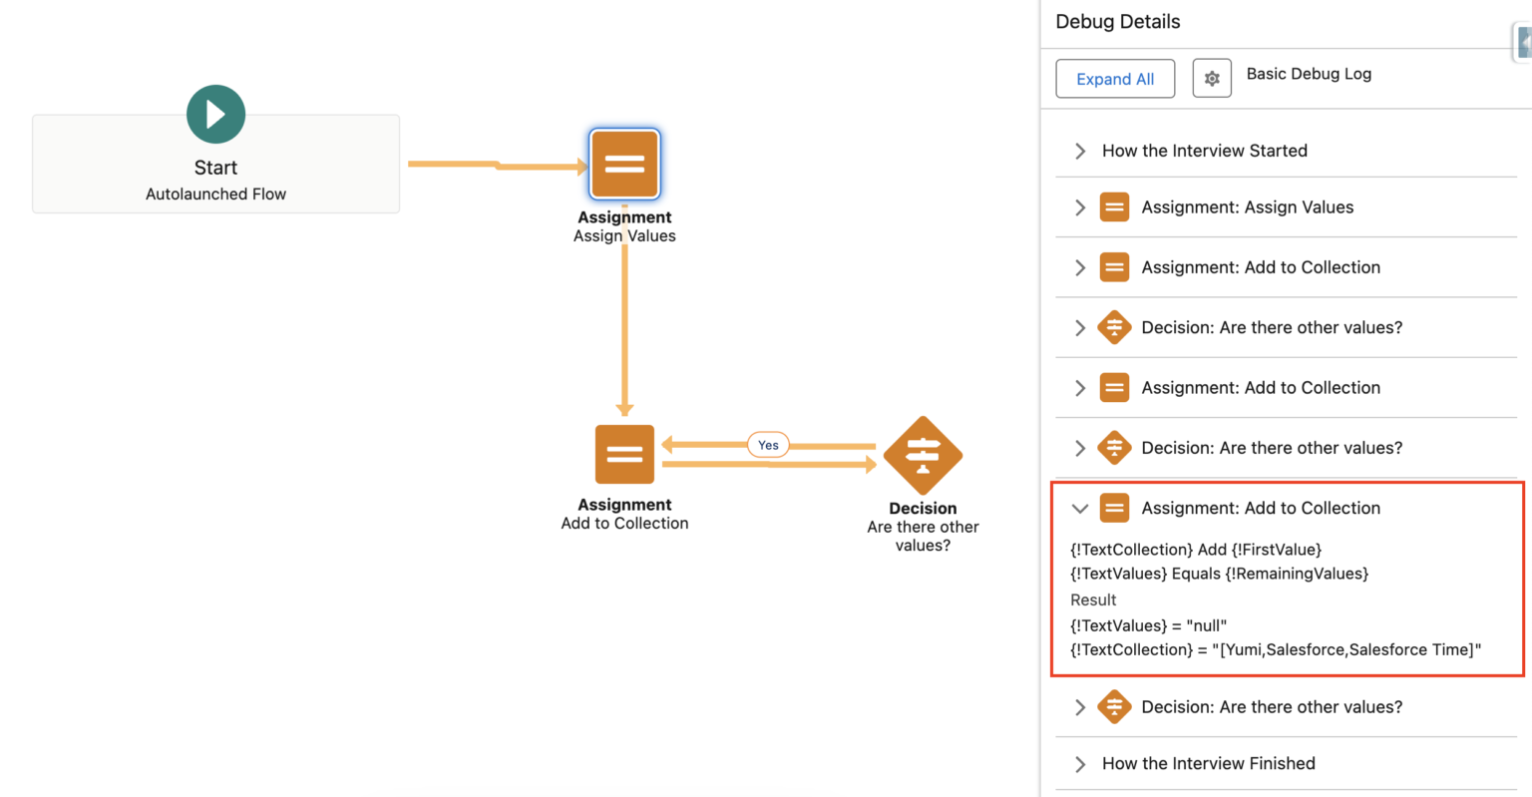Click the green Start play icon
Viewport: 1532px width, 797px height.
point(215,115)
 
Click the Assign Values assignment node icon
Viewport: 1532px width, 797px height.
point(624,165)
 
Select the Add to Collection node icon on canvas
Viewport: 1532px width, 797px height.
point(624,455)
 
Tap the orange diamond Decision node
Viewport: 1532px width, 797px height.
point(923,455)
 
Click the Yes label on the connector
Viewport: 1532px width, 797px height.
point(768,445)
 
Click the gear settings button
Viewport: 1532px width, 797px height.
point(1212,79)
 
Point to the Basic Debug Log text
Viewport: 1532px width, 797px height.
point(1309,74)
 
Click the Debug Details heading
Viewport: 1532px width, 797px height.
point(1117,22)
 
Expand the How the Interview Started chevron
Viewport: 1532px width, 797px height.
point(1080,151)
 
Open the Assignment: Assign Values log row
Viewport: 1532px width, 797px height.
point(1247,207)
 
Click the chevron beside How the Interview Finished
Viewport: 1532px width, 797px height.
point(1080,764)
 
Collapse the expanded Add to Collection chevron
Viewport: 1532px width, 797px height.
point(1079,509)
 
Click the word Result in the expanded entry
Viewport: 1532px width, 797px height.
point(1093,600)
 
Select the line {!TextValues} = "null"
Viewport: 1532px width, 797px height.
point(1148,626)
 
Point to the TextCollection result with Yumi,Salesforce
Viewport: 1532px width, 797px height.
point(1276,650)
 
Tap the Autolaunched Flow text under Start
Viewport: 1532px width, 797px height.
point(215,195)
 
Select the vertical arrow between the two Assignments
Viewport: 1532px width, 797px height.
point(625,329)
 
